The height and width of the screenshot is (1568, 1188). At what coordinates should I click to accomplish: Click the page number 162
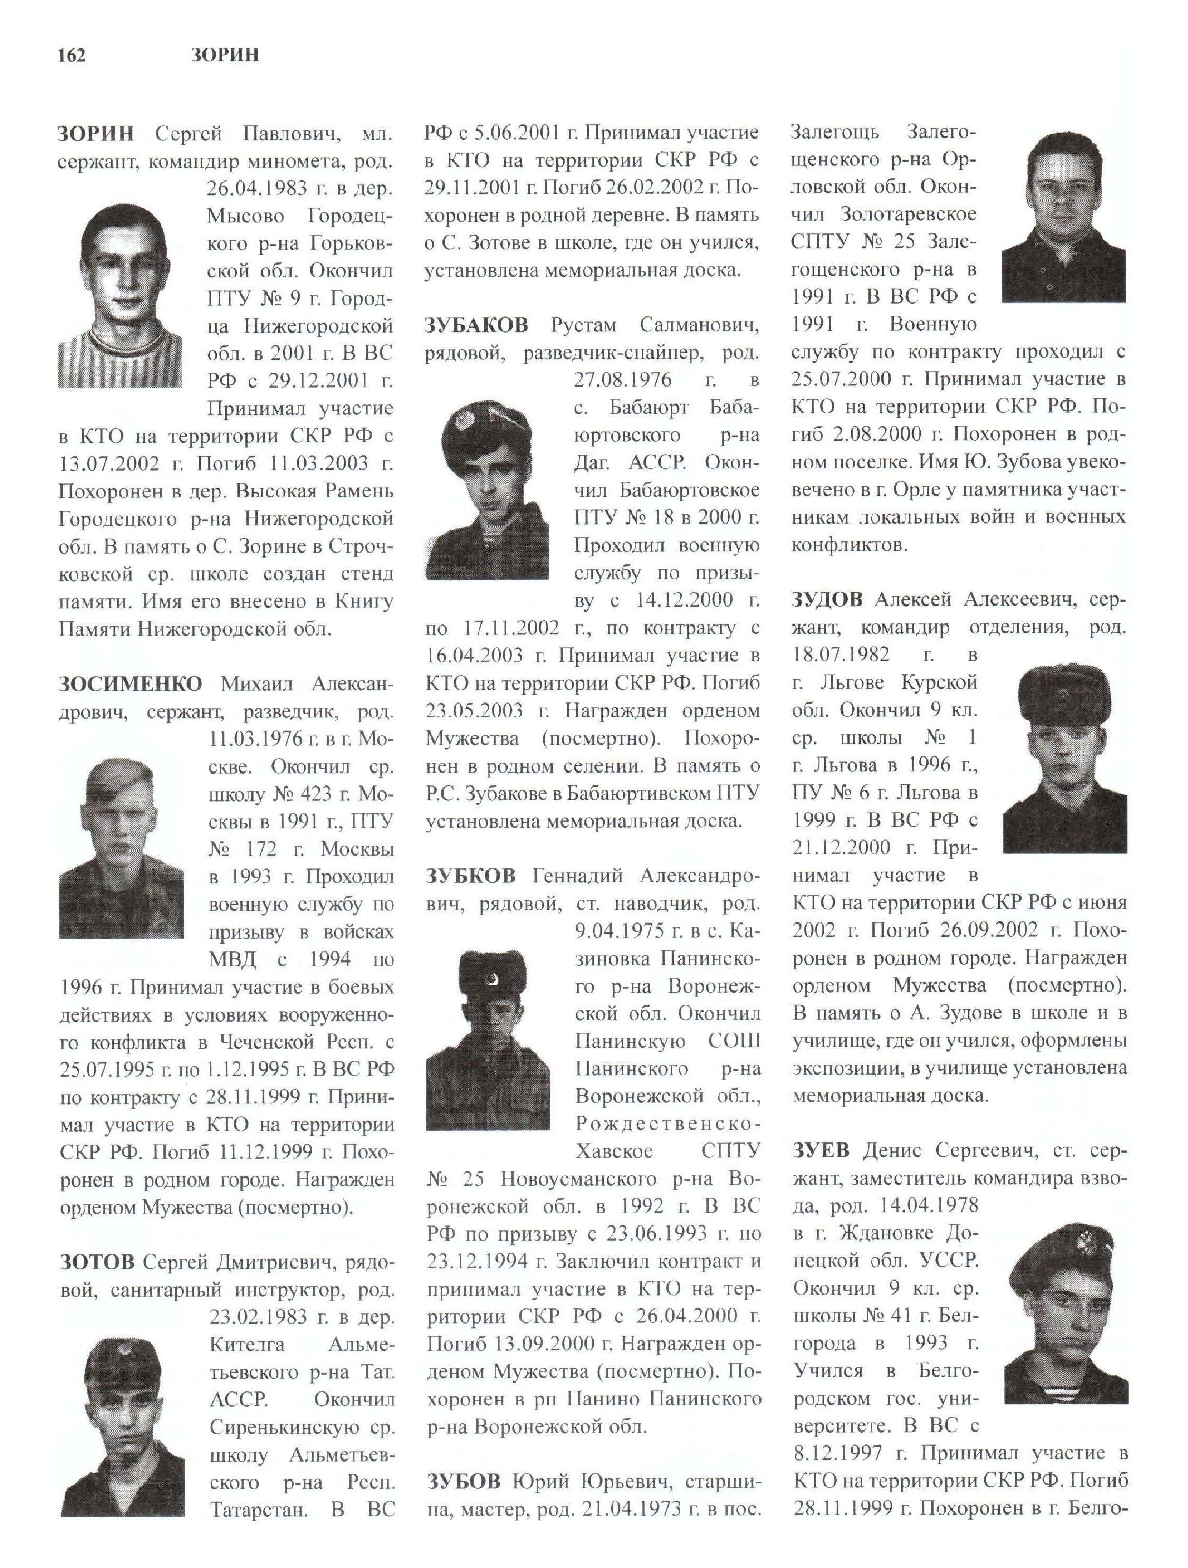72,55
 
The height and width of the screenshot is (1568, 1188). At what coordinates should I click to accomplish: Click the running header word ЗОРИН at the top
225,55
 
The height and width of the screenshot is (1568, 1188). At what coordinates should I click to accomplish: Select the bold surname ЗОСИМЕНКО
130,684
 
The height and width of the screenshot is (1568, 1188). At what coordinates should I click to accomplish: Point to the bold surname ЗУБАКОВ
476,325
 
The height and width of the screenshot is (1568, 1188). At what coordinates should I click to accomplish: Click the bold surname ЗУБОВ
464,1482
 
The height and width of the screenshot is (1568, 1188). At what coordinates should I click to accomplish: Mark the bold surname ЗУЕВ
820,1150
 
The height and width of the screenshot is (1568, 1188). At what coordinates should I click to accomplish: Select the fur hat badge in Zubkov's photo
489,979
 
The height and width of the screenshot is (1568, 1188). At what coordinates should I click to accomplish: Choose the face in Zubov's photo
1063,191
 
